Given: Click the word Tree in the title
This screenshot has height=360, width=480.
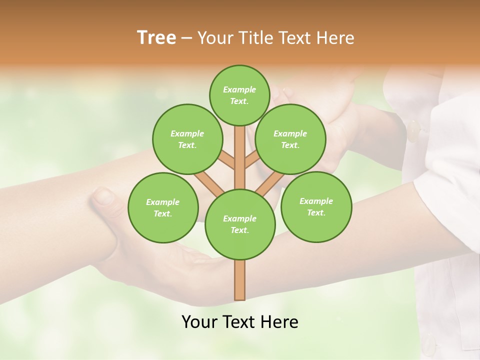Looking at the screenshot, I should coord(156,38).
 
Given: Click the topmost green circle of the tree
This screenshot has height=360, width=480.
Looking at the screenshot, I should coord(239,95).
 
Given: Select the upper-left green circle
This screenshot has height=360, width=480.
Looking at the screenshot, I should coord(187,139).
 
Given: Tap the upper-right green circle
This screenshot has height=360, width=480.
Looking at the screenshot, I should coord(290,139).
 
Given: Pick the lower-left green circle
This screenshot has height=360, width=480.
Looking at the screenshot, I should coord(162,207).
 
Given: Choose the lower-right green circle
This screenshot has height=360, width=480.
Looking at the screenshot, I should coord(316,206).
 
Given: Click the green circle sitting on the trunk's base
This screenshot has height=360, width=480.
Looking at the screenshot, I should coord(240,224).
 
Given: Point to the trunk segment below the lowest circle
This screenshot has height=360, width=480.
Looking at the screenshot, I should coord(240,280).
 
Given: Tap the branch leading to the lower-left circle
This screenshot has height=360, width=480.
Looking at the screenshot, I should coord(207,182).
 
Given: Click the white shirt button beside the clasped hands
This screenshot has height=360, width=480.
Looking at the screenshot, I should coord(414,130).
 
